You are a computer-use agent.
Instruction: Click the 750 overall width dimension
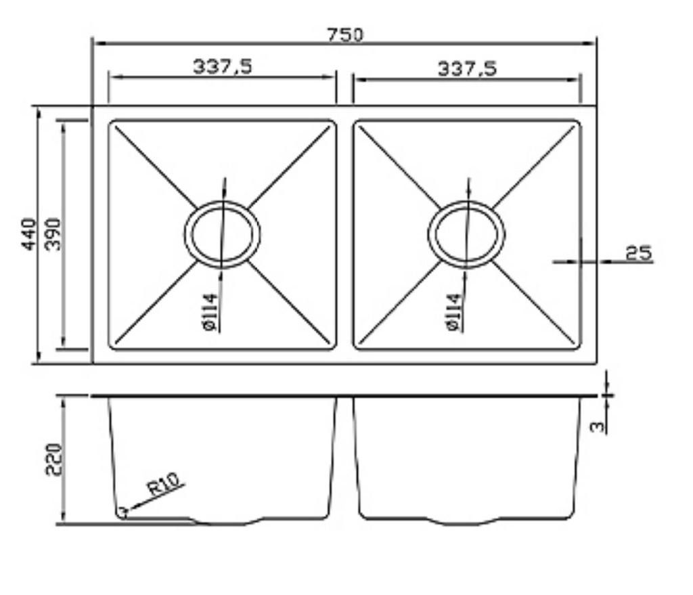345,34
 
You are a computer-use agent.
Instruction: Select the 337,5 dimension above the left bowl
222,66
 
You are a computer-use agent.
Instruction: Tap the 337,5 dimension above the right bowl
466,68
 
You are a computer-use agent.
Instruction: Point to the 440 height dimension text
29,234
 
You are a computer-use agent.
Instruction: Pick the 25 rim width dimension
638,253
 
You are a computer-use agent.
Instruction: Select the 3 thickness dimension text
597,426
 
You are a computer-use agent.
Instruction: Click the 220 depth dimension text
54,459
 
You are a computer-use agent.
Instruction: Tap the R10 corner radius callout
164,485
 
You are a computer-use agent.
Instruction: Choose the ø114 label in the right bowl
453,312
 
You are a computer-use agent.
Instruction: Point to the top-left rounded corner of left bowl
113,125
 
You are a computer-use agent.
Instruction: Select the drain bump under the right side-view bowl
467,521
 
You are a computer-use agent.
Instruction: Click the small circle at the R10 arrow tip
122,512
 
